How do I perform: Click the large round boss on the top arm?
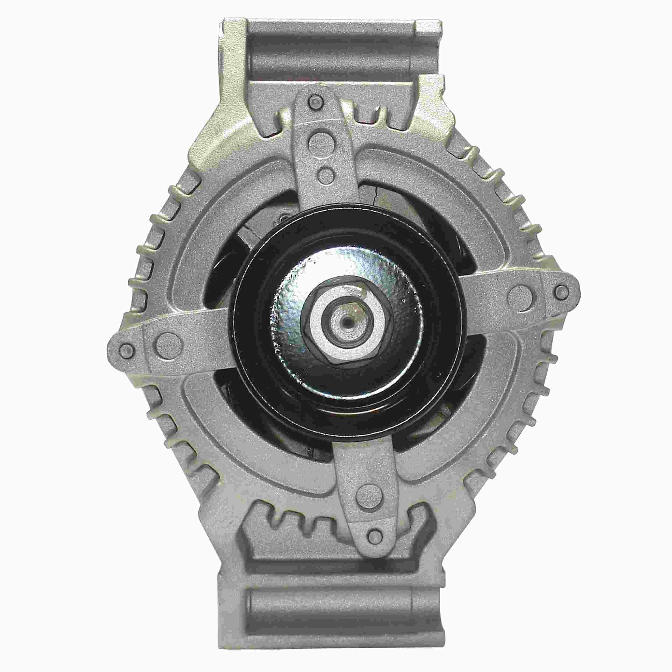coord(319,141)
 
